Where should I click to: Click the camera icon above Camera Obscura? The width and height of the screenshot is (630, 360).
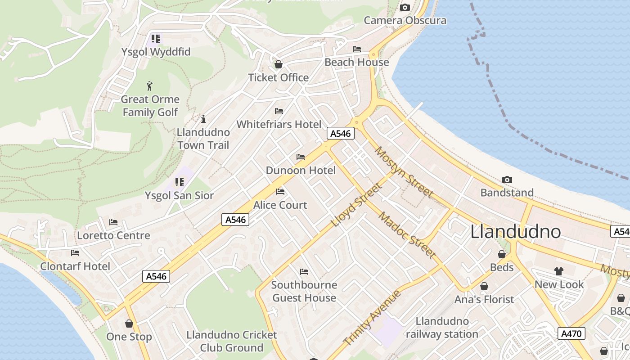point(405,7)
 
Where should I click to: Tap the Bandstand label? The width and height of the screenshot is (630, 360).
point(507,193)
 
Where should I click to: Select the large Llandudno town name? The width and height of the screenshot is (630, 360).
point(516,232)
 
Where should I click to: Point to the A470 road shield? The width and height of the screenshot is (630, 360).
point(571,333)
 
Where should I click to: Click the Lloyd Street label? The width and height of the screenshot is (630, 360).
point(356,205)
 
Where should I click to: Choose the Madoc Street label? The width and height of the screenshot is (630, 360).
point(408,235)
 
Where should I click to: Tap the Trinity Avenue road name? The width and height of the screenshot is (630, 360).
point(372,318)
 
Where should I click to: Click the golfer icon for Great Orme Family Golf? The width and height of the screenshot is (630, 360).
point(150,85)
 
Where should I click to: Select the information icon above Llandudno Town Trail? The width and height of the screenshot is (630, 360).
point(203,119)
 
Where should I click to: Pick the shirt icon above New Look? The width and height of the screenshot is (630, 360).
point(559,271)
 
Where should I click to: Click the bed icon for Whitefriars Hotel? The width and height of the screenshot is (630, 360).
point(279,111)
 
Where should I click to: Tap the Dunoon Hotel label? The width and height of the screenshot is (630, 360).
point(301,171)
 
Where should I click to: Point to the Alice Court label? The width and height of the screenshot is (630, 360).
point(280,205)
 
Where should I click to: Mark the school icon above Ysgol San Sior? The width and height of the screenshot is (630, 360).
point(180,182)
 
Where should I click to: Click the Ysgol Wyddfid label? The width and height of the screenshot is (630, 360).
point(156,52)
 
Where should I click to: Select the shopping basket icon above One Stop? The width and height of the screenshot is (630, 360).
point(129,324)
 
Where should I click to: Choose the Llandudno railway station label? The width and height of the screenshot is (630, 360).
point(442,328)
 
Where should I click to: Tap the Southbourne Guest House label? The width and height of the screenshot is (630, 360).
point(304,291)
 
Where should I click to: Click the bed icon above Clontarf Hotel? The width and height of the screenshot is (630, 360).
point(75,253)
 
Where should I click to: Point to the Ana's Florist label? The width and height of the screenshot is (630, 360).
point(484,299)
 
